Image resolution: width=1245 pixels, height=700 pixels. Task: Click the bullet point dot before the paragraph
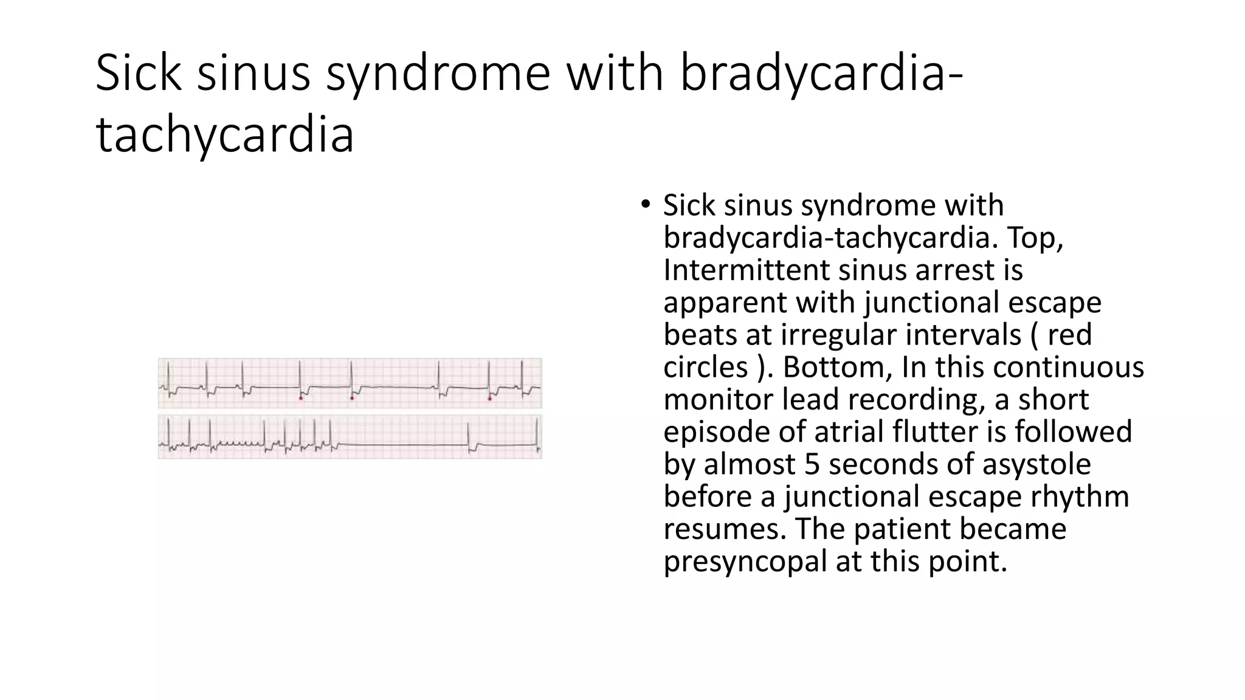[645, 204]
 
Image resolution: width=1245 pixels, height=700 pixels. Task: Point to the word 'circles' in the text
[705, 367]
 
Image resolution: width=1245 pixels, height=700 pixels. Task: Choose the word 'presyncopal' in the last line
[745, 561]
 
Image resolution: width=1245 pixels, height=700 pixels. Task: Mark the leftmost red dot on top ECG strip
[301, 398]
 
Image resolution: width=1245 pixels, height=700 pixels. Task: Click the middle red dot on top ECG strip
[352, 398]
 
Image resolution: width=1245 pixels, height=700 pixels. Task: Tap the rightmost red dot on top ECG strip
[490, 399]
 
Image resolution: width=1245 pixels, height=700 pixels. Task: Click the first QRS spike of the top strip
[169, 377]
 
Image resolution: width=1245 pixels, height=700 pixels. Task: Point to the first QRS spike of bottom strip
[169, 433]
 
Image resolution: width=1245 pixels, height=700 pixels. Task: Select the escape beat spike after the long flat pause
[469, 434]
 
